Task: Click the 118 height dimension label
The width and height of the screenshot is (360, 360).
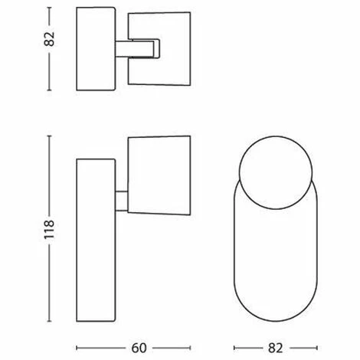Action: tap(49, 229)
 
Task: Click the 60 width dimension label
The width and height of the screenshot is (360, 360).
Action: tap(139, 348)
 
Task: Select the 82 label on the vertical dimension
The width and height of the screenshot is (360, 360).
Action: tap(49, 39)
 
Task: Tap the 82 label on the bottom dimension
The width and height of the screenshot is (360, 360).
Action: tap(276, 348)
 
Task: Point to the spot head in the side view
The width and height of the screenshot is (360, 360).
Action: tap(159, 175)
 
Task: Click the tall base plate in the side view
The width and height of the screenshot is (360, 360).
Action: tap(96, 241)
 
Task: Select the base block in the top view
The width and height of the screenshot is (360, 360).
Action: tap(96, 49)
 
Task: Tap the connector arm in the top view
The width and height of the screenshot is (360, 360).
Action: tap(138, 49)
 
